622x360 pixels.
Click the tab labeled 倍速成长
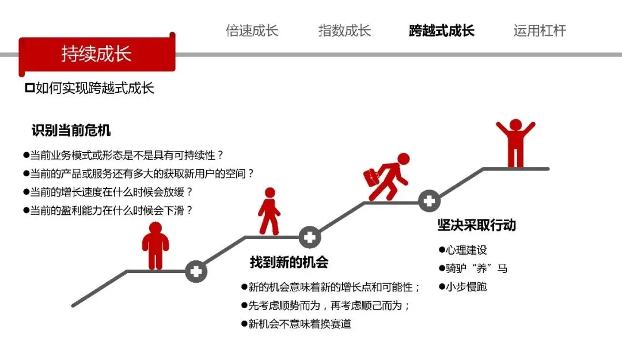pos(252,31)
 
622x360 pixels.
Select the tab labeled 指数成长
pos(344,31)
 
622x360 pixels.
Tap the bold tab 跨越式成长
pos(442,31)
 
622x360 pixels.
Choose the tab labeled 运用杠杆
pos(540,31)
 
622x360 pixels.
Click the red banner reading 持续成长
pos(96,54)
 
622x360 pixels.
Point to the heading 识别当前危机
pos(71,131)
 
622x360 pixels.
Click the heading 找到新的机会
pos(289,262)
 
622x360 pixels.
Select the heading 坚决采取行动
pos(476,225)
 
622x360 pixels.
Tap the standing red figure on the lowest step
pos(155,245)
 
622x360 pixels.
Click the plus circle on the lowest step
pos(196,271)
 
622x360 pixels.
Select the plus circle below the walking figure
pos(309,237)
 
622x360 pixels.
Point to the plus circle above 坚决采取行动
pos(428,201)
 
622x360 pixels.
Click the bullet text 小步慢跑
pos(466,286)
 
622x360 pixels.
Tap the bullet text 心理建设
pos(466,250)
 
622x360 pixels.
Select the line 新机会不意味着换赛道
pos(299,324)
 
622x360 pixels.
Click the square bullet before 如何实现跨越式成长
pos(29,88)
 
